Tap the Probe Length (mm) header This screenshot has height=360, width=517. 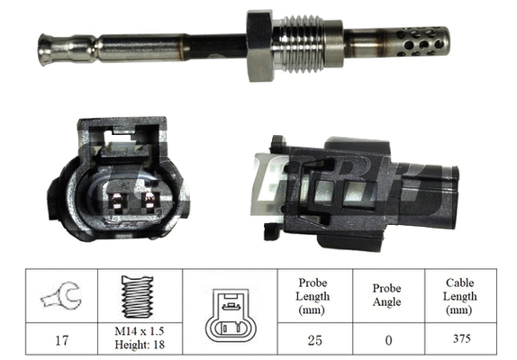(x=312, y=296)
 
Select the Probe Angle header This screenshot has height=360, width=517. (x=387, y=296)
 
